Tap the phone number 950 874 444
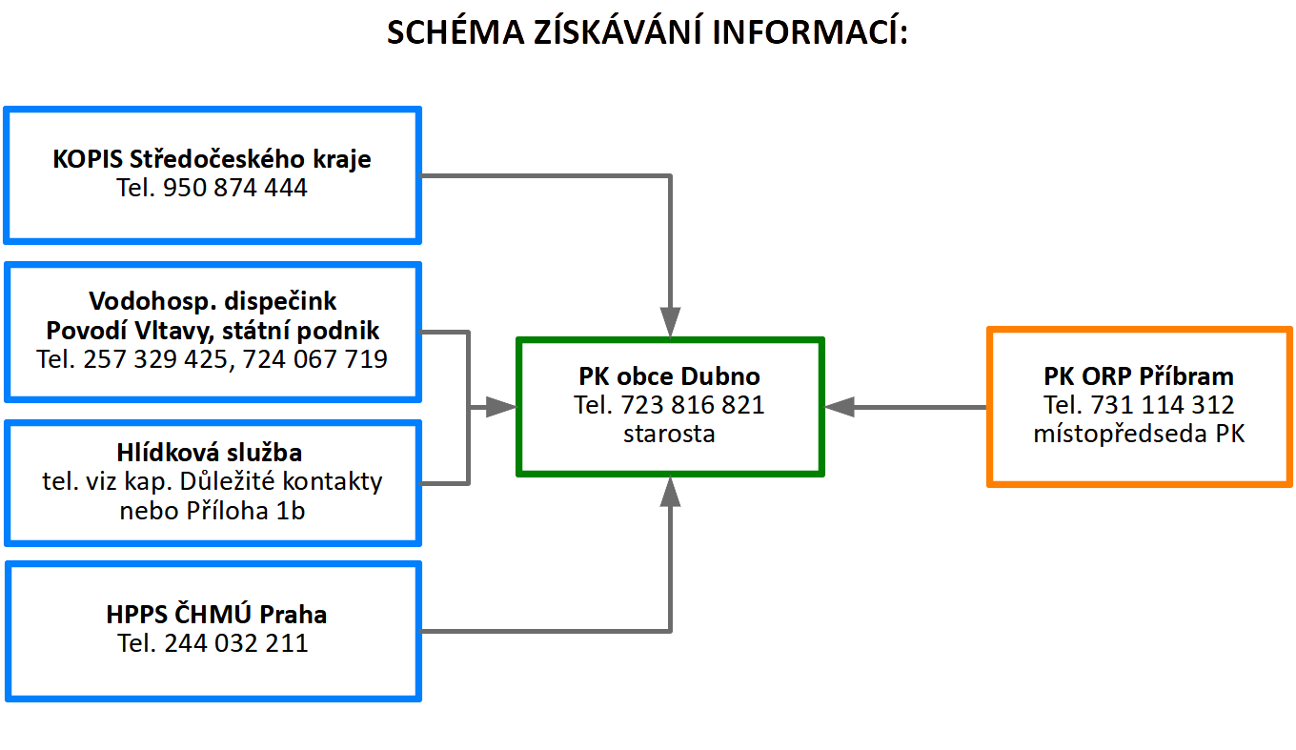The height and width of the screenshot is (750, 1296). (x=234, y=188)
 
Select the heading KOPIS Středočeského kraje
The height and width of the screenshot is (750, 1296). (x=212, y=158)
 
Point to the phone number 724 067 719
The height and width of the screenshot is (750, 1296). (x=314, y=358)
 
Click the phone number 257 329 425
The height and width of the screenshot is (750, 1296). (x=155, y=358)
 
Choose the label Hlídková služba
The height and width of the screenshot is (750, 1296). (x=210, y=452)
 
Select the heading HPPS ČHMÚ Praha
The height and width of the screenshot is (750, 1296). (x=216, y=614)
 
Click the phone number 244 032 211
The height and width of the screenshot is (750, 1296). (x=236, y=643)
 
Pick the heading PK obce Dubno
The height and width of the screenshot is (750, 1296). (x=669, y=376)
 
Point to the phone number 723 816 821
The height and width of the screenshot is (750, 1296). (x=693, y=404)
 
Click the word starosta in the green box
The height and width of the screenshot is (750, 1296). (x=669, y=434)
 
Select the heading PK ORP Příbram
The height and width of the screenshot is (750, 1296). (x=1139, y=376)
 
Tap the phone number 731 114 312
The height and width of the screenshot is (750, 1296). (x=1163, y=404)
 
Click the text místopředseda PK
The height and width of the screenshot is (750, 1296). (x=1139, y=434)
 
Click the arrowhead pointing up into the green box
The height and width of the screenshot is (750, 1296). (x=670, y=492)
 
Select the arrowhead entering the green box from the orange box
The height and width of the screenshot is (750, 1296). (x=840, y=407)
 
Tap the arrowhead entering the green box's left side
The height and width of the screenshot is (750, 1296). (x=501, y=407)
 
